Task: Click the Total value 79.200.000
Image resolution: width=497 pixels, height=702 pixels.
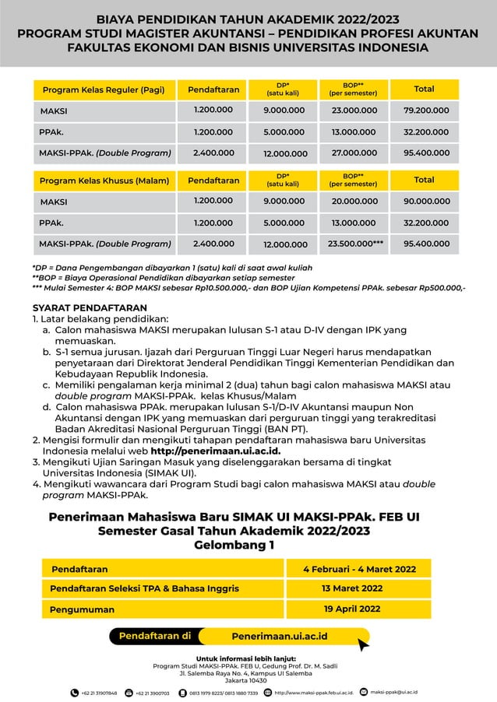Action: pyautogui.click(x=425, y=111)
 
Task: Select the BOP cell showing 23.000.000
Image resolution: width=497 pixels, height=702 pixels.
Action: pyautogui.click(x=354, y=111)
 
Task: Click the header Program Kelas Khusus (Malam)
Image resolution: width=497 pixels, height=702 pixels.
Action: pyautogui.click(x=104, y=181)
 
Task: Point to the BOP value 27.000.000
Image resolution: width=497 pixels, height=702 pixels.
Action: pyautogui.click(x=354, y=153)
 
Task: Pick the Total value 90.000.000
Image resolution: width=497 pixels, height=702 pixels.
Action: pyautogui.click(x=425, y=202)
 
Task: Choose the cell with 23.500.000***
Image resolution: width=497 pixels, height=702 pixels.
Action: pyautogui.click(x=355, y=244)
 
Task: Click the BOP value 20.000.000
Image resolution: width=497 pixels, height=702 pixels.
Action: pyautogui.click(x=354, y=202)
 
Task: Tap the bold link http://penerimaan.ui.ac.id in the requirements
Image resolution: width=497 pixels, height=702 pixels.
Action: pyautogui.click(x=215, y=451)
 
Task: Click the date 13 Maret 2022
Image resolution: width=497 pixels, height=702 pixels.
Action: pyautogui.click(x=352, y=588)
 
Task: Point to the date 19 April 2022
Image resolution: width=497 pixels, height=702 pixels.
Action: pyautogui.click(x=352, y=609)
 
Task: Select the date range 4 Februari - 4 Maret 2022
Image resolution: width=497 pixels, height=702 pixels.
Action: pyautogui.click(x=359, y=569)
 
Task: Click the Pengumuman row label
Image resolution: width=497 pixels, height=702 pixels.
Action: pyautogui.click(x=82, y=609)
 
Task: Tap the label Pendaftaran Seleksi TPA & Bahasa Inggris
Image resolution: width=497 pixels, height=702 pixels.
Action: pyautogui.click(x=144, y=588)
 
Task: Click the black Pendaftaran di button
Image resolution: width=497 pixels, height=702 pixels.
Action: pyautogui.click(x=154, y=636)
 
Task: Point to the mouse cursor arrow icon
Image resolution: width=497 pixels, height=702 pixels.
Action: pyautogui.click(x=363, y=644)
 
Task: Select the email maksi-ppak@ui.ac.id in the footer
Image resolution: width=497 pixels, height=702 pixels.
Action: pyautogui.click(x=394, y=691)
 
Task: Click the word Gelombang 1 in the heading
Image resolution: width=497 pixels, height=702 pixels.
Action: pyautogui.click(x=234, y=545)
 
